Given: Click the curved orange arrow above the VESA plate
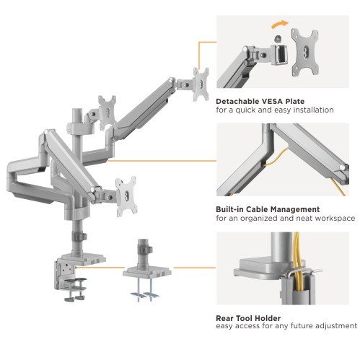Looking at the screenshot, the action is click(x=279, y=23).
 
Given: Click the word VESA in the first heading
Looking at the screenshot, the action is click(x=271, y=101).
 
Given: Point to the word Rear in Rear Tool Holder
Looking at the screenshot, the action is click(x=224, y=318).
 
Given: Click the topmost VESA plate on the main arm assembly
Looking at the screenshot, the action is click(x=201, y=84).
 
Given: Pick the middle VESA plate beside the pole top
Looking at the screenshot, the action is click(x=107, y=113).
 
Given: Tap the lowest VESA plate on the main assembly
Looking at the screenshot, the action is click(x=126, y=196).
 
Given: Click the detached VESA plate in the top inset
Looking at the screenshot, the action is click(x=305, y=52).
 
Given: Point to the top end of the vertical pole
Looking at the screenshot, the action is click(x=77, y=110).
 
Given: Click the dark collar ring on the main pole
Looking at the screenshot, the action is click(x=79, y=236).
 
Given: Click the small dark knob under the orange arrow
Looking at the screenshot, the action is click(x=278, y=38).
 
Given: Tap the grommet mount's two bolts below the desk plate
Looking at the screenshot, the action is click(x=145, y=290).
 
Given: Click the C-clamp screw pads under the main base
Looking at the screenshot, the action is click(x=76, y=290).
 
